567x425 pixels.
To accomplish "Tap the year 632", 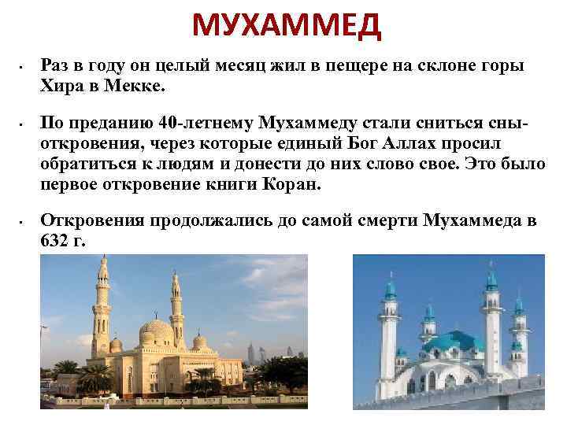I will click(54, 240).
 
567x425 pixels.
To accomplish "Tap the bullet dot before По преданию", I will click(25, 124).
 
